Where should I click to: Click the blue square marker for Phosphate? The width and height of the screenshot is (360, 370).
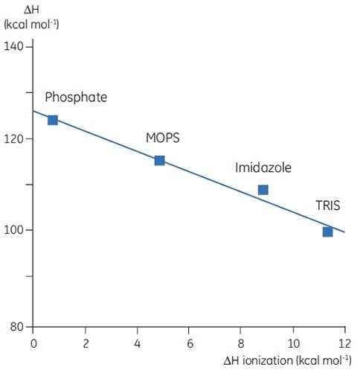tap(52, 120)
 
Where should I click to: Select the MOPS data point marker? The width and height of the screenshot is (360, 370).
tap(159, 160)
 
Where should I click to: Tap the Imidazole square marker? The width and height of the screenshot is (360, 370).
tap(263, 190)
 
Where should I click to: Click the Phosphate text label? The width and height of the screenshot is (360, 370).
tap(76, 98)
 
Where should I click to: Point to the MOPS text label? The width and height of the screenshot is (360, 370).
tap(162, 138)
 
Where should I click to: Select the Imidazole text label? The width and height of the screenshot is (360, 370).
tap(263, 168)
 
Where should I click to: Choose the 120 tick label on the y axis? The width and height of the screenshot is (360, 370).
tap(14, 138)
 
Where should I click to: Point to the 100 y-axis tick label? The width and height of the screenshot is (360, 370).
tap(14, 230)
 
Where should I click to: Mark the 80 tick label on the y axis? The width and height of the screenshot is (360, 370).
tap(17, 326)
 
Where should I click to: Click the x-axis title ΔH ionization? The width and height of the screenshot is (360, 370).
tap(286, 360)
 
